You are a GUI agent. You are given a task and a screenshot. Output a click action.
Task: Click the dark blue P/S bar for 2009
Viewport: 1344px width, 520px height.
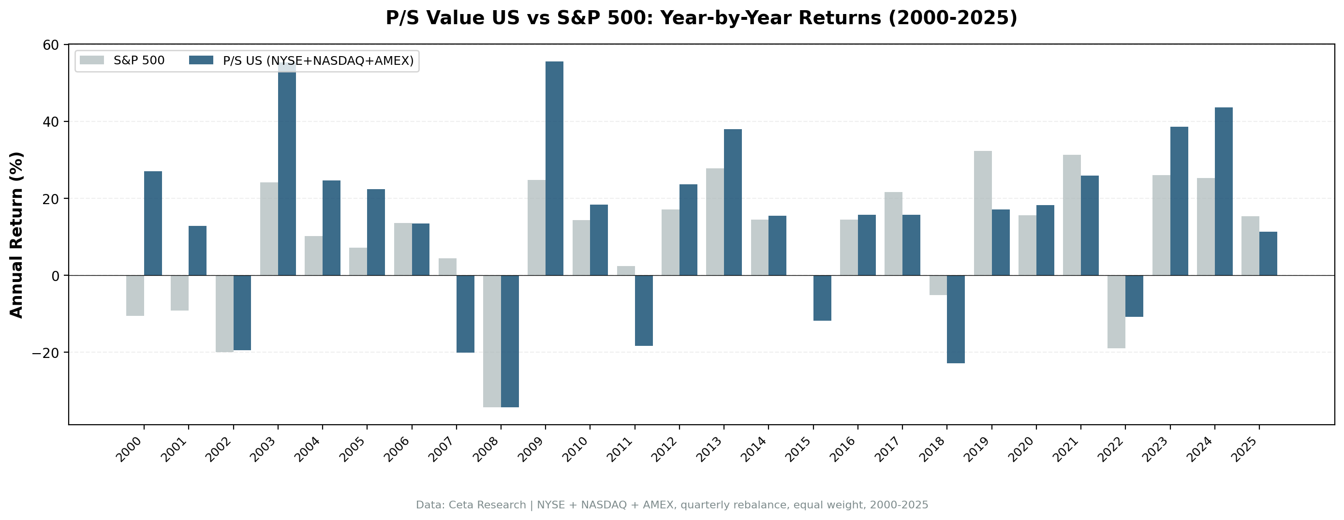(x=554, y=168)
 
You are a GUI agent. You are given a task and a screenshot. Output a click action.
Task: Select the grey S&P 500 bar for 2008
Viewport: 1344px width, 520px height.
(x=491, y=341)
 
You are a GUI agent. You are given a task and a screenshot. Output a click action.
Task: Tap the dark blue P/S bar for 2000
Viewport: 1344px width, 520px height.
(x=153, y=223)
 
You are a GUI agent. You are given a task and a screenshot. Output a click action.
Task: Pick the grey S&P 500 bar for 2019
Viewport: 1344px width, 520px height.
(x=982, y=213)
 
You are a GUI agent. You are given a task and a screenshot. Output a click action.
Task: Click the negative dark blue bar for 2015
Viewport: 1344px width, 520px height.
(x=822, y=297)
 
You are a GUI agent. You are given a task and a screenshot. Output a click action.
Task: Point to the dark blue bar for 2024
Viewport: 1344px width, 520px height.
(x=1224, y=191)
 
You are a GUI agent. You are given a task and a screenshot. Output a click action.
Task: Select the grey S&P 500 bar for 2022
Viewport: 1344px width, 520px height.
(x=1116, y=312)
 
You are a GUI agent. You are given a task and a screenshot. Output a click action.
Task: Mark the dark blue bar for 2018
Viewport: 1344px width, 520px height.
(x=956, y=319)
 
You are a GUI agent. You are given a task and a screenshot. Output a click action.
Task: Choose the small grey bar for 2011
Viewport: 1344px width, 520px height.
(x=625, y=270)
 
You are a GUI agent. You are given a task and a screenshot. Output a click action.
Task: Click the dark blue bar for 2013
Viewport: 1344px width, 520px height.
(x=733, y=202)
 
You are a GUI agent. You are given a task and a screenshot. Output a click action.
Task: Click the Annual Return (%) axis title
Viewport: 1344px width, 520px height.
(x=17, y=235)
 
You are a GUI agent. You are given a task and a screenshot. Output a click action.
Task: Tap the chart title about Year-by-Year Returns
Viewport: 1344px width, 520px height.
(x=701, y=18)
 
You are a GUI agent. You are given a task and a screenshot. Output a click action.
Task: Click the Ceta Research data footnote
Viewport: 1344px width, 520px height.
(x=671, y=505)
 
